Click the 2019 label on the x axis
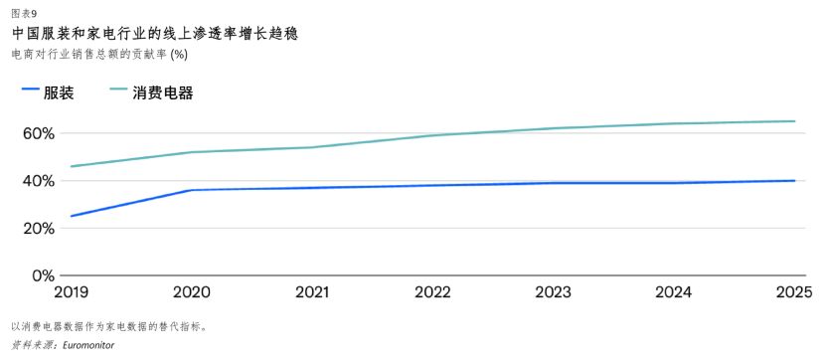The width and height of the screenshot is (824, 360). pos(72,292)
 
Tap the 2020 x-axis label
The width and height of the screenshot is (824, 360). pos(192,292)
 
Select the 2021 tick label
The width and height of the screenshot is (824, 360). pos(312,292)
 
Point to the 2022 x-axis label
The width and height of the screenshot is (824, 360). pos(432,292)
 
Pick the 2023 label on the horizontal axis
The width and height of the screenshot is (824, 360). pos(553,292)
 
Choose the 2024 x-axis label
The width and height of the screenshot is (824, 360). pos(673,292)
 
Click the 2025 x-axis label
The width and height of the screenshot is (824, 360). pos(794,292)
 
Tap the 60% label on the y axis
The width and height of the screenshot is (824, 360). pos(38,133)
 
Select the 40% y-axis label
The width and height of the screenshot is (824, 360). pos(38,181)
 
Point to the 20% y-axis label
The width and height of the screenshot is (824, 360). pos(38,229)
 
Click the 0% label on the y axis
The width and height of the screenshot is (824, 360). pos(44,275)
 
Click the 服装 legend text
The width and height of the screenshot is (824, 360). pos(59,93)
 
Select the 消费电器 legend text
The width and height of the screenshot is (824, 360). pos(162,93)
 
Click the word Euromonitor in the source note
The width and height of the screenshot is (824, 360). pos(87,345)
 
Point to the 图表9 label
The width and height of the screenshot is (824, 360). pos(24,13)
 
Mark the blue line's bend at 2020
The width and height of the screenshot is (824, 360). pos(191,190)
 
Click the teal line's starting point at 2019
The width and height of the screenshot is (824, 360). pos(71,167)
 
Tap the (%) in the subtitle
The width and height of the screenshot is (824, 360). pos(178,54)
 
